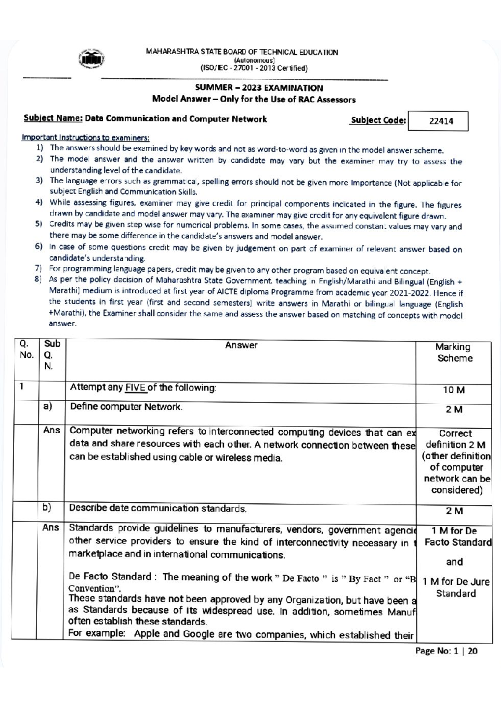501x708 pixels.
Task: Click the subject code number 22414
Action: [441, 121]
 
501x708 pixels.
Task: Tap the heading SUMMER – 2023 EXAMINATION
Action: [259, 88]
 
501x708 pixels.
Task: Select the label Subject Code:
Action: [378, 121]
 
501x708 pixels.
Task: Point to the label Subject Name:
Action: [53, 119]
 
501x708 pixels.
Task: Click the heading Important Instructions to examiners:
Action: [86, 137]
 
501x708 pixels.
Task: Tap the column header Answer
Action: [241, 345]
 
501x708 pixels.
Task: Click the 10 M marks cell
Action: [453, 390]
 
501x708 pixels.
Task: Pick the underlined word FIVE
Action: [135, 387]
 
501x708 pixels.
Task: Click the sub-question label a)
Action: [47, 406]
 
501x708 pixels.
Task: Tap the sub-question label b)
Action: [47, 508]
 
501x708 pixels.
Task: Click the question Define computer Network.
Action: [126, 407]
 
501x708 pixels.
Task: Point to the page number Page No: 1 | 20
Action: [446, 651]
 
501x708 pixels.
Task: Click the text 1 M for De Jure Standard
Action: [455, 587]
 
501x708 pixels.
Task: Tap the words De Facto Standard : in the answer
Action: [113, 577]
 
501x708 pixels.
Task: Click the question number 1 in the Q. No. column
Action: [21, 387]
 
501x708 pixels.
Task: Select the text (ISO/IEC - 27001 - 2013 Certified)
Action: [254, 68]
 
